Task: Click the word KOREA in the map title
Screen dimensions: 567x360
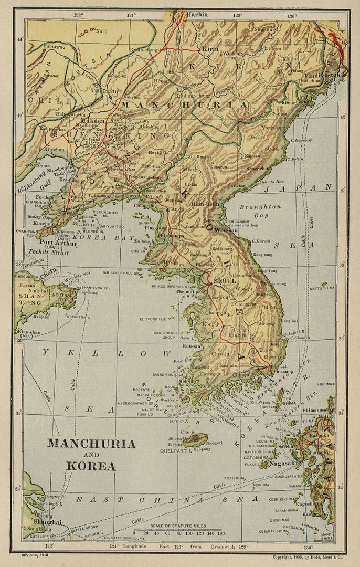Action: (x=91, y=466)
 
